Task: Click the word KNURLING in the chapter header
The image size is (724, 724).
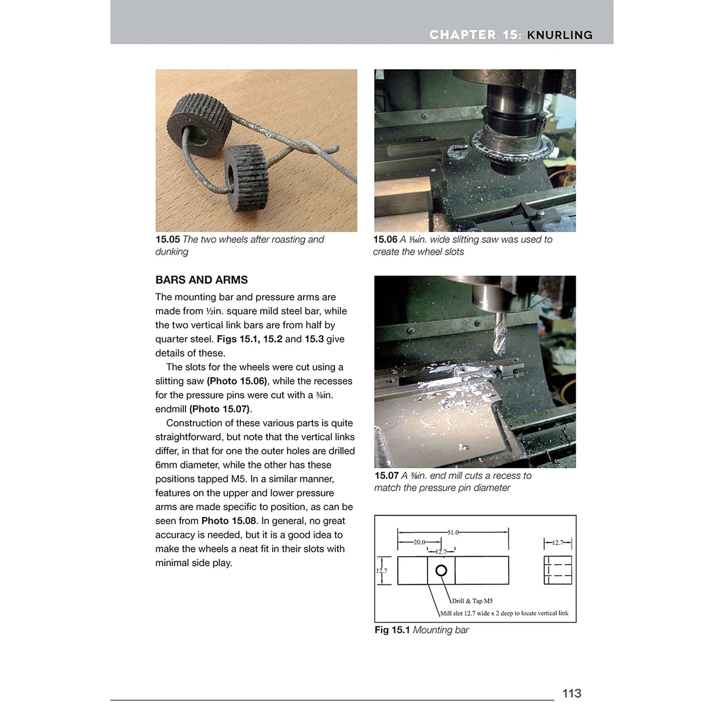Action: click(560, 35)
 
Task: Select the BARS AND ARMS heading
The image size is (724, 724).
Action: click(202, 279)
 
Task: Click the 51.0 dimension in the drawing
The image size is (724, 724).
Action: click(453, 532)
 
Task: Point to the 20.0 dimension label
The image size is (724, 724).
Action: click(419, 542)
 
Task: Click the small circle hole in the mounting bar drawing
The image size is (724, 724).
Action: click(441, 570)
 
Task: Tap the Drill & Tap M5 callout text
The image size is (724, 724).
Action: click(472, 601)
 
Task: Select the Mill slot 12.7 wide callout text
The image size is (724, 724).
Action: click(504, 613)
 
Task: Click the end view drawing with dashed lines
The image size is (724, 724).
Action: click(558, 570)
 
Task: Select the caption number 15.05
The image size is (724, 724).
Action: click(167, 240)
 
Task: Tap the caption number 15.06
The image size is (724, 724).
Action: click(385, 240)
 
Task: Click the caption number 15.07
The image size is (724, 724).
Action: click(386, 475)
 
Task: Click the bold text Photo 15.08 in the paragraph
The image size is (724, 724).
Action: click(228, 521)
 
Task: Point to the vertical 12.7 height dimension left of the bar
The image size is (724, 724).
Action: click(381, 571)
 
